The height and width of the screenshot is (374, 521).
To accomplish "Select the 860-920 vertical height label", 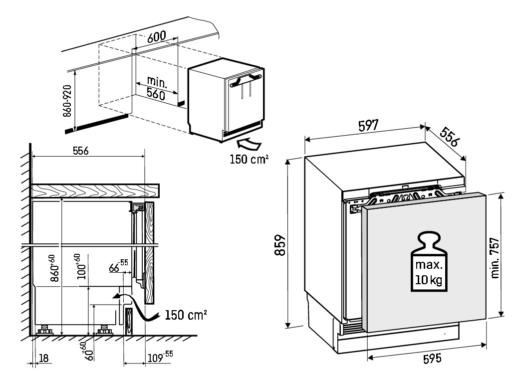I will [68, 100].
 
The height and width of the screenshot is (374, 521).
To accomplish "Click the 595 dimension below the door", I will [429, 358].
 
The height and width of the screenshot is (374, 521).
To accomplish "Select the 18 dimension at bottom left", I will [43, 358].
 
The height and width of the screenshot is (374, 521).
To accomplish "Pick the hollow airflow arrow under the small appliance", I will [249, 144].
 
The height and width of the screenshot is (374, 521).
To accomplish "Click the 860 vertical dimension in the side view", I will [54, 270].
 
